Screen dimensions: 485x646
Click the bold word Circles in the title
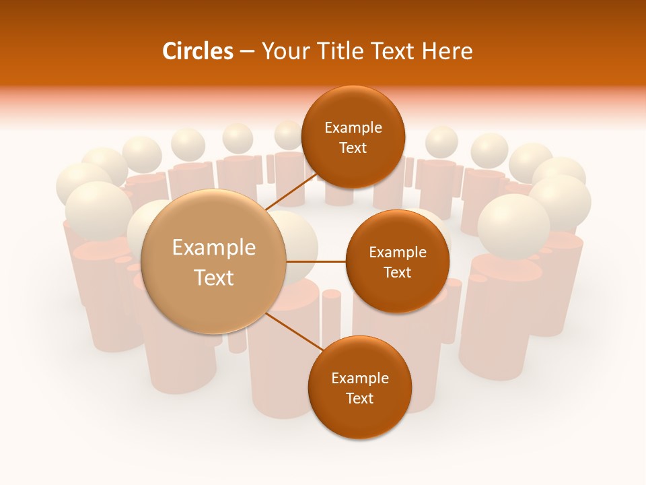(x=197, y=51)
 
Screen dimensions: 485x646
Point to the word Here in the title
(x=447, y=51)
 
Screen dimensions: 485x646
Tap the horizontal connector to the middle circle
(x=316, y=261)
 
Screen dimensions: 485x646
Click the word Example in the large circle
(x=214, y=248)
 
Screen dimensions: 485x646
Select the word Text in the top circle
(x=353, y=148)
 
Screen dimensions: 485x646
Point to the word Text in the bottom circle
(x=359, y=398)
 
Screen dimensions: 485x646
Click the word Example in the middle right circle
(x=397, y=253)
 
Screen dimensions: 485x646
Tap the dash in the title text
(x=246, y=51)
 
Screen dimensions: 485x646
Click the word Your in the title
(x=281, y=51)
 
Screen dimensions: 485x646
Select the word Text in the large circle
(x=214, y=278)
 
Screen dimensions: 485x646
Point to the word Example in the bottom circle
(x=359, y=379)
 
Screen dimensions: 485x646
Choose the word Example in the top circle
(x=353, y=128)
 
